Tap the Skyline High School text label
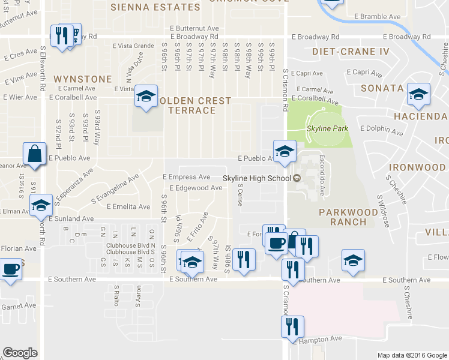tap(256, 178)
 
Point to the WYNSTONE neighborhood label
tap(82, 79)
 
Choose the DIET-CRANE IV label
tap(351, 52)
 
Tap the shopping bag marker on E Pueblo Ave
tap(35, 154)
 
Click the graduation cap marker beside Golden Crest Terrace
tap(145, 96)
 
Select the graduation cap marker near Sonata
tap(418, 94)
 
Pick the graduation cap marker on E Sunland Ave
tap(41, 206)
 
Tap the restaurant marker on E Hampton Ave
tap(293, 327)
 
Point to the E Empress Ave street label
tap(187, 177)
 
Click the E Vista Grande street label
tap(134, 46)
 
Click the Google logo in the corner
tap(20, 352)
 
